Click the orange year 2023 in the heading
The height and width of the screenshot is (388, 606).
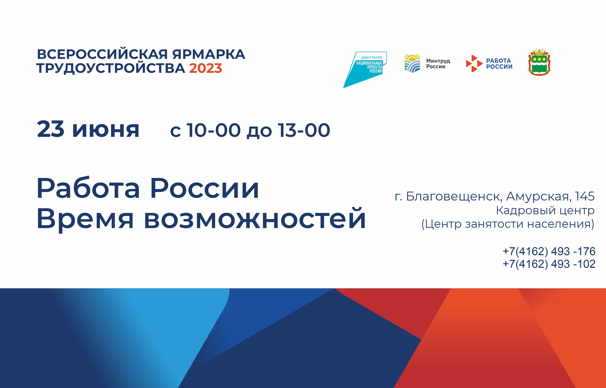206,68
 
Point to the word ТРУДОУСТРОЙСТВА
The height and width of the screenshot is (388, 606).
111,69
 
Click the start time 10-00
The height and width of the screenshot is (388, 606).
213,130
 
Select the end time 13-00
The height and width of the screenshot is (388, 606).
304,130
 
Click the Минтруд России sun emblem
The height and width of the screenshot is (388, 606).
412,63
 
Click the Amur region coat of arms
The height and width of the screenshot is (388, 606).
539,63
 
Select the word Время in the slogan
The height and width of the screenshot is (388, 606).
85,219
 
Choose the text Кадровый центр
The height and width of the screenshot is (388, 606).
545,210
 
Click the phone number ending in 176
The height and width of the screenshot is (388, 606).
549,251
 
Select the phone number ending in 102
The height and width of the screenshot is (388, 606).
549,264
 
